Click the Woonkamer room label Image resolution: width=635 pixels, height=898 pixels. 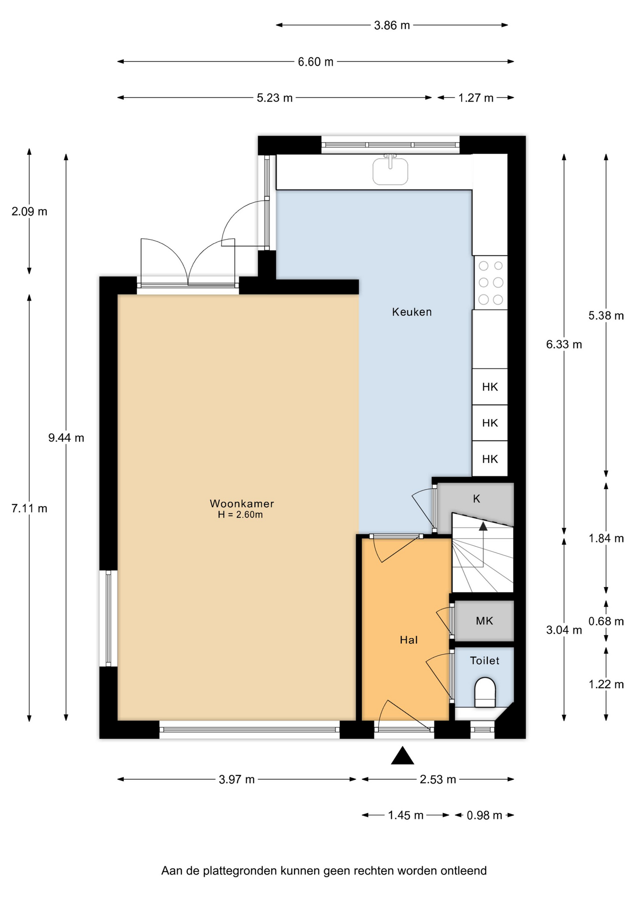242,504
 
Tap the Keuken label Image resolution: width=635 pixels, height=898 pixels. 412,312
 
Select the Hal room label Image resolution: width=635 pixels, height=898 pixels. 409,640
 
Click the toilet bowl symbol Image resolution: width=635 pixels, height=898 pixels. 485,692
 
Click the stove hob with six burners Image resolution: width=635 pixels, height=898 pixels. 491,282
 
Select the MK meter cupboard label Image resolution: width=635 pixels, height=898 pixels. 484,621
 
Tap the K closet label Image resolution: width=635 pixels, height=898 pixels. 476,499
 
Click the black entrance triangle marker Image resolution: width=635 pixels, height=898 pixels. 403,755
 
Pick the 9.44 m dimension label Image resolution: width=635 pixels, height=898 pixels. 66,438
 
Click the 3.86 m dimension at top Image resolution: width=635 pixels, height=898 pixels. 392,25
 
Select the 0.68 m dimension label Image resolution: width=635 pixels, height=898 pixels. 606,621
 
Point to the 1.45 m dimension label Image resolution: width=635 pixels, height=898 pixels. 406,815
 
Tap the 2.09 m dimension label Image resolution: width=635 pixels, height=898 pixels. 29,211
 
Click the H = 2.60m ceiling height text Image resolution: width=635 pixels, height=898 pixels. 240,515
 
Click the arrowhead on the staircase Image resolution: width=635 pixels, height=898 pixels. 483,526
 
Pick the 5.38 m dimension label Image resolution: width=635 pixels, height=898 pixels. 606,316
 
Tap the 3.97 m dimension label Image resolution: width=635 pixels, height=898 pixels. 237,779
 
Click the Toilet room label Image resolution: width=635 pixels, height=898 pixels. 484,660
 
